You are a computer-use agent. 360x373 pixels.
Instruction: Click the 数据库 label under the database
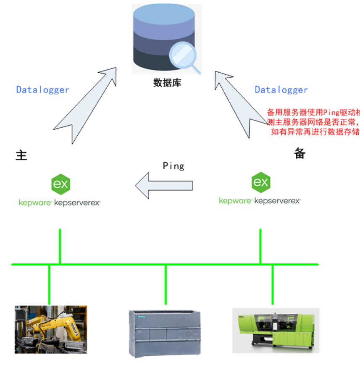pyautogui.click(x=167, y=82)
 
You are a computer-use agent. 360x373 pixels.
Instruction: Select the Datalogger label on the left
pyautogui.click(x=42, y=89)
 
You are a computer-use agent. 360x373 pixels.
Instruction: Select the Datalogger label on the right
pyautogui.click(x=281, y=89)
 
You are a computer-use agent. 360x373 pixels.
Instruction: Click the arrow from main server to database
pyautogui.click(x=84, y=105)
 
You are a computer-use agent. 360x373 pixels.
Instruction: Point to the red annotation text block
pyautogui.click(x=313, y=122)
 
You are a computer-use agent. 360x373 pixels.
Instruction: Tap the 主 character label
pyautogui.click(x=21, y=155)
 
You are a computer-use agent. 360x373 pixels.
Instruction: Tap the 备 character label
pyautogui.click(x=300, y=154)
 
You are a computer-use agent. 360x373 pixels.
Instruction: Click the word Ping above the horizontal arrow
pyautogui.click(x=173, y=166)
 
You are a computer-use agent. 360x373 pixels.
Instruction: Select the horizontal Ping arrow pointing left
pyautogui.click(x=164, y=185)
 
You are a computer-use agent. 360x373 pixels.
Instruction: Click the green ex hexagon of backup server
pyautogui.click(x=260, y=182)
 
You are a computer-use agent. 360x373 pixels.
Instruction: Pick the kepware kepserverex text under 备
pyautogui.click(x=260, y=201)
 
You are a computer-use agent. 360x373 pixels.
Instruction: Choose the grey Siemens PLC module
pyautogui.click(x=164, y=332)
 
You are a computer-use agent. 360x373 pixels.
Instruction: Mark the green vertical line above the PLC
pyautogui.click(x=166, y=285)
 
